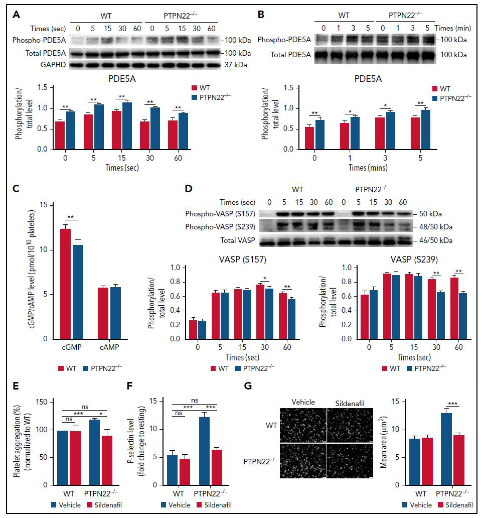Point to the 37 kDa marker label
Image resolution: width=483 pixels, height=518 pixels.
pos(236,65)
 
